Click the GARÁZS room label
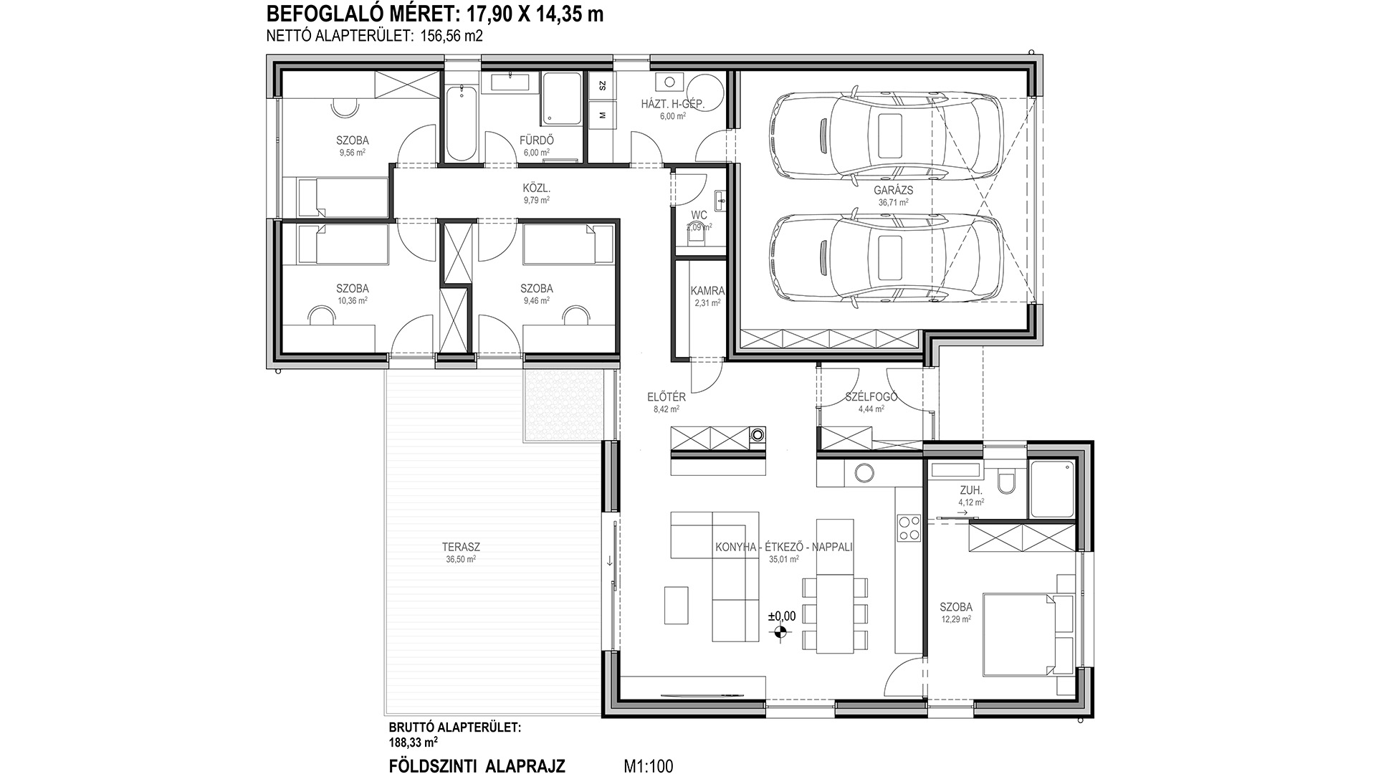coord(893,191)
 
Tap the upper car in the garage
coord(885,133)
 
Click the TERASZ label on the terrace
coord(461,548)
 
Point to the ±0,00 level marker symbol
coord(780,632)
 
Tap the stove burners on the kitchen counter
coord(909,528)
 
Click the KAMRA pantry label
coord(707,292)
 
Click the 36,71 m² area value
coord(893,202)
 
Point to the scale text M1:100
coord(649,766)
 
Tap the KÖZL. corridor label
coord(536,189)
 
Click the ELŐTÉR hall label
coord(666,397)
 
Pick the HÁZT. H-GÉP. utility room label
coord(672,105)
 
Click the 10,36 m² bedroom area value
coord(353,301)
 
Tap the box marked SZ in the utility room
coord(602,85)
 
